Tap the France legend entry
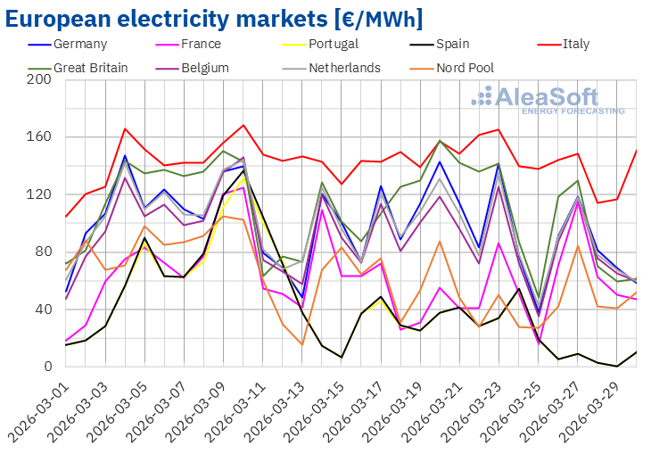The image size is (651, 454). (197, 44)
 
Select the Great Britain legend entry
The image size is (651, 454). (90, 68)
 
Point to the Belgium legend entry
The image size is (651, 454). (202, 68)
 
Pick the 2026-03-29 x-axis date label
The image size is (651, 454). (595, 409)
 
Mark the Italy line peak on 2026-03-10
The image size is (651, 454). (243, 125)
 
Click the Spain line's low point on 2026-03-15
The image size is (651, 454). (342, 358)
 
